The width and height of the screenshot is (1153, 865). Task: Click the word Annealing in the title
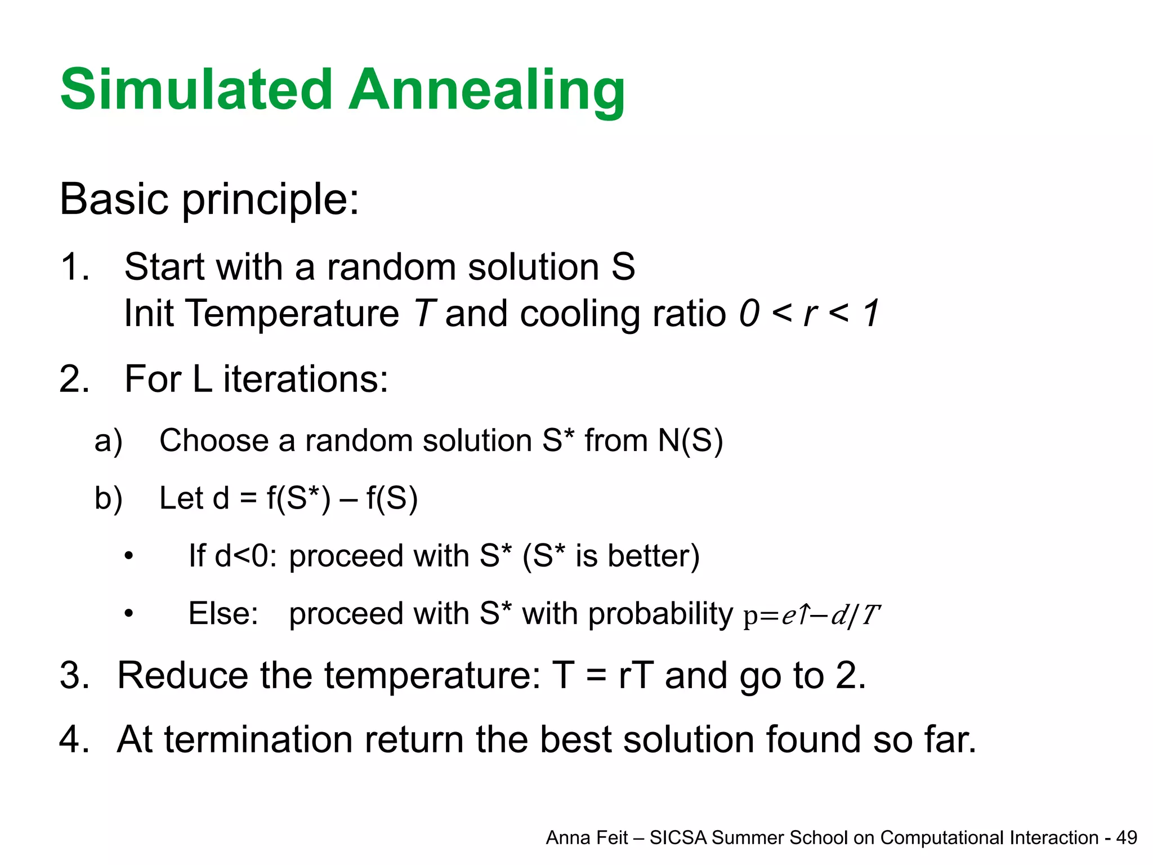click(x=487, y=90)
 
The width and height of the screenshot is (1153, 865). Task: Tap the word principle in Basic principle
click(x=270, y=200)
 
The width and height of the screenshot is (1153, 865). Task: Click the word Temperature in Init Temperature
click(x=292, y=313)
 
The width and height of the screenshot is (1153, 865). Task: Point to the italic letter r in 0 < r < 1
click(x=810, y=314)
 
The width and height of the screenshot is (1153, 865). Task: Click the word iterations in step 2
click(x=306, y=379)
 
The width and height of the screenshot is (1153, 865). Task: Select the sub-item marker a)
click(x=108, y=441)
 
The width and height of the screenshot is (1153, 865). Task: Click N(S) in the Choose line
click(x=690, y=440)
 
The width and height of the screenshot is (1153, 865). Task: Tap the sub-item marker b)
click(x=108, y=499)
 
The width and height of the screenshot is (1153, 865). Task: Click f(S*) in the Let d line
click(x=298, y=499)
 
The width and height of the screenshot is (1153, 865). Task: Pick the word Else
click(x=223, y=614)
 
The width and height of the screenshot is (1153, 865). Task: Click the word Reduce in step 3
click(x=182, y=675)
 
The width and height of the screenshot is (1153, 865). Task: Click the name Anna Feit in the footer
click(x=587, y=838)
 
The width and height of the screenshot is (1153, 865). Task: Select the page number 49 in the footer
click(x=1126, y=838)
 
